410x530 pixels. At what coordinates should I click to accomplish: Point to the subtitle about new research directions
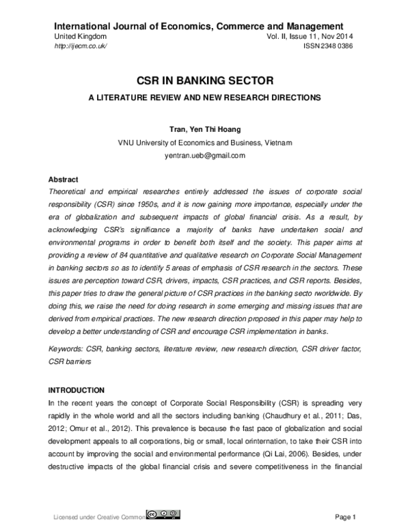pos(205,98)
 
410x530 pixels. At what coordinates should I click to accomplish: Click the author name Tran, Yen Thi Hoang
pos(205,129)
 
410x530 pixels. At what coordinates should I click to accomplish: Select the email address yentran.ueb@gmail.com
pos(205,156)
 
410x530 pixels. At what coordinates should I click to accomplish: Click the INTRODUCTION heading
pos(76,390)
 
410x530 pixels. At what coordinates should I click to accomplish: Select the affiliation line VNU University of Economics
pos(205,142)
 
